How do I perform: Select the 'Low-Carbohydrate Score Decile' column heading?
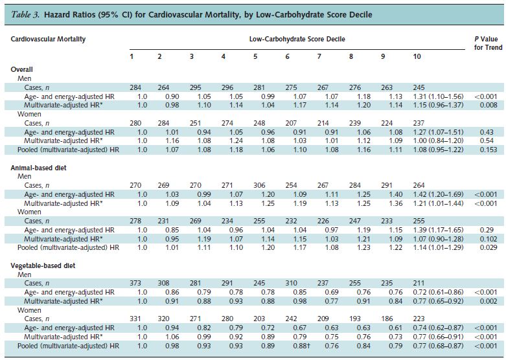(x=297, y=39)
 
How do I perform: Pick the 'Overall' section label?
(x=22, y=69)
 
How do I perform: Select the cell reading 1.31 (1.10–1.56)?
(x=437, y=96)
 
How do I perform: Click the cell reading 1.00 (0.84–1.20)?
(x=437, y=141)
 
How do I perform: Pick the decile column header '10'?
(x=417, y=57)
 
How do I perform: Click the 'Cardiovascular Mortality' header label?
(x=49, y=39)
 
